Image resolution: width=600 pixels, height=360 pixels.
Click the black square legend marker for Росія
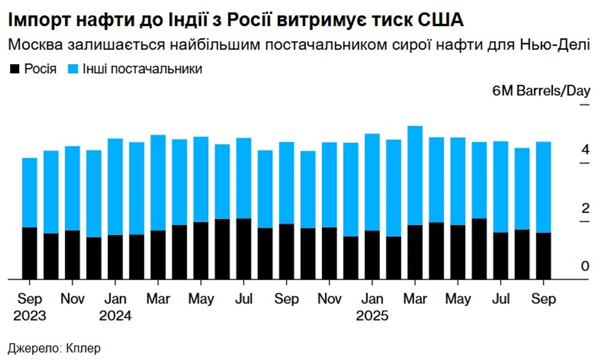tap(14, 69)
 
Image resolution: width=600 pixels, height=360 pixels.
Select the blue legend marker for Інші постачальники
tap(73, 69)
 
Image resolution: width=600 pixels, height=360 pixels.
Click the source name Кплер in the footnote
tap(83, 348)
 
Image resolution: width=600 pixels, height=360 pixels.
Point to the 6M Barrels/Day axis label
tap(541, 91)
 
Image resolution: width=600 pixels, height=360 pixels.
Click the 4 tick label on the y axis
tap(585, 150)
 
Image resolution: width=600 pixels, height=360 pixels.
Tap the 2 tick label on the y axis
tap(585, 208)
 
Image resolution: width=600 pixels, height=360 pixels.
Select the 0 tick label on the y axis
tap(585, 266)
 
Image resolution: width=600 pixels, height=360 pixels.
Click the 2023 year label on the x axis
tap(30, 316)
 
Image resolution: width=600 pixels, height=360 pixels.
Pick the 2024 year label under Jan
tap(115, 316)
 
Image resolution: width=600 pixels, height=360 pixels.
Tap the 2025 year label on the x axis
tap(372, 316)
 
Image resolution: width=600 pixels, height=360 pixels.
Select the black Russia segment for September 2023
tap(30, 253)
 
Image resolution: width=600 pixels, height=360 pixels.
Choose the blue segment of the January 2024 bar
tap(115, 186)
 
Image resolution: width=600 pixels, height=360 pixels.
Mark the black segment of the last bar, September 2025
tap(544, 256)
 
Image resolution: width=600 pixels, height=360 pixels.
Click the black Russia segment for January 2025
tap(372, 254)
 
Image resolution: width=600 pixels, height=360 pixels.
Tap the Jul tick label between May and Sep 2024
tap(244, 299)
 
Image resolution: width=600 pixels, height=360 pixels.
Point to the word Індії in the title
tap(188, 20)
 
